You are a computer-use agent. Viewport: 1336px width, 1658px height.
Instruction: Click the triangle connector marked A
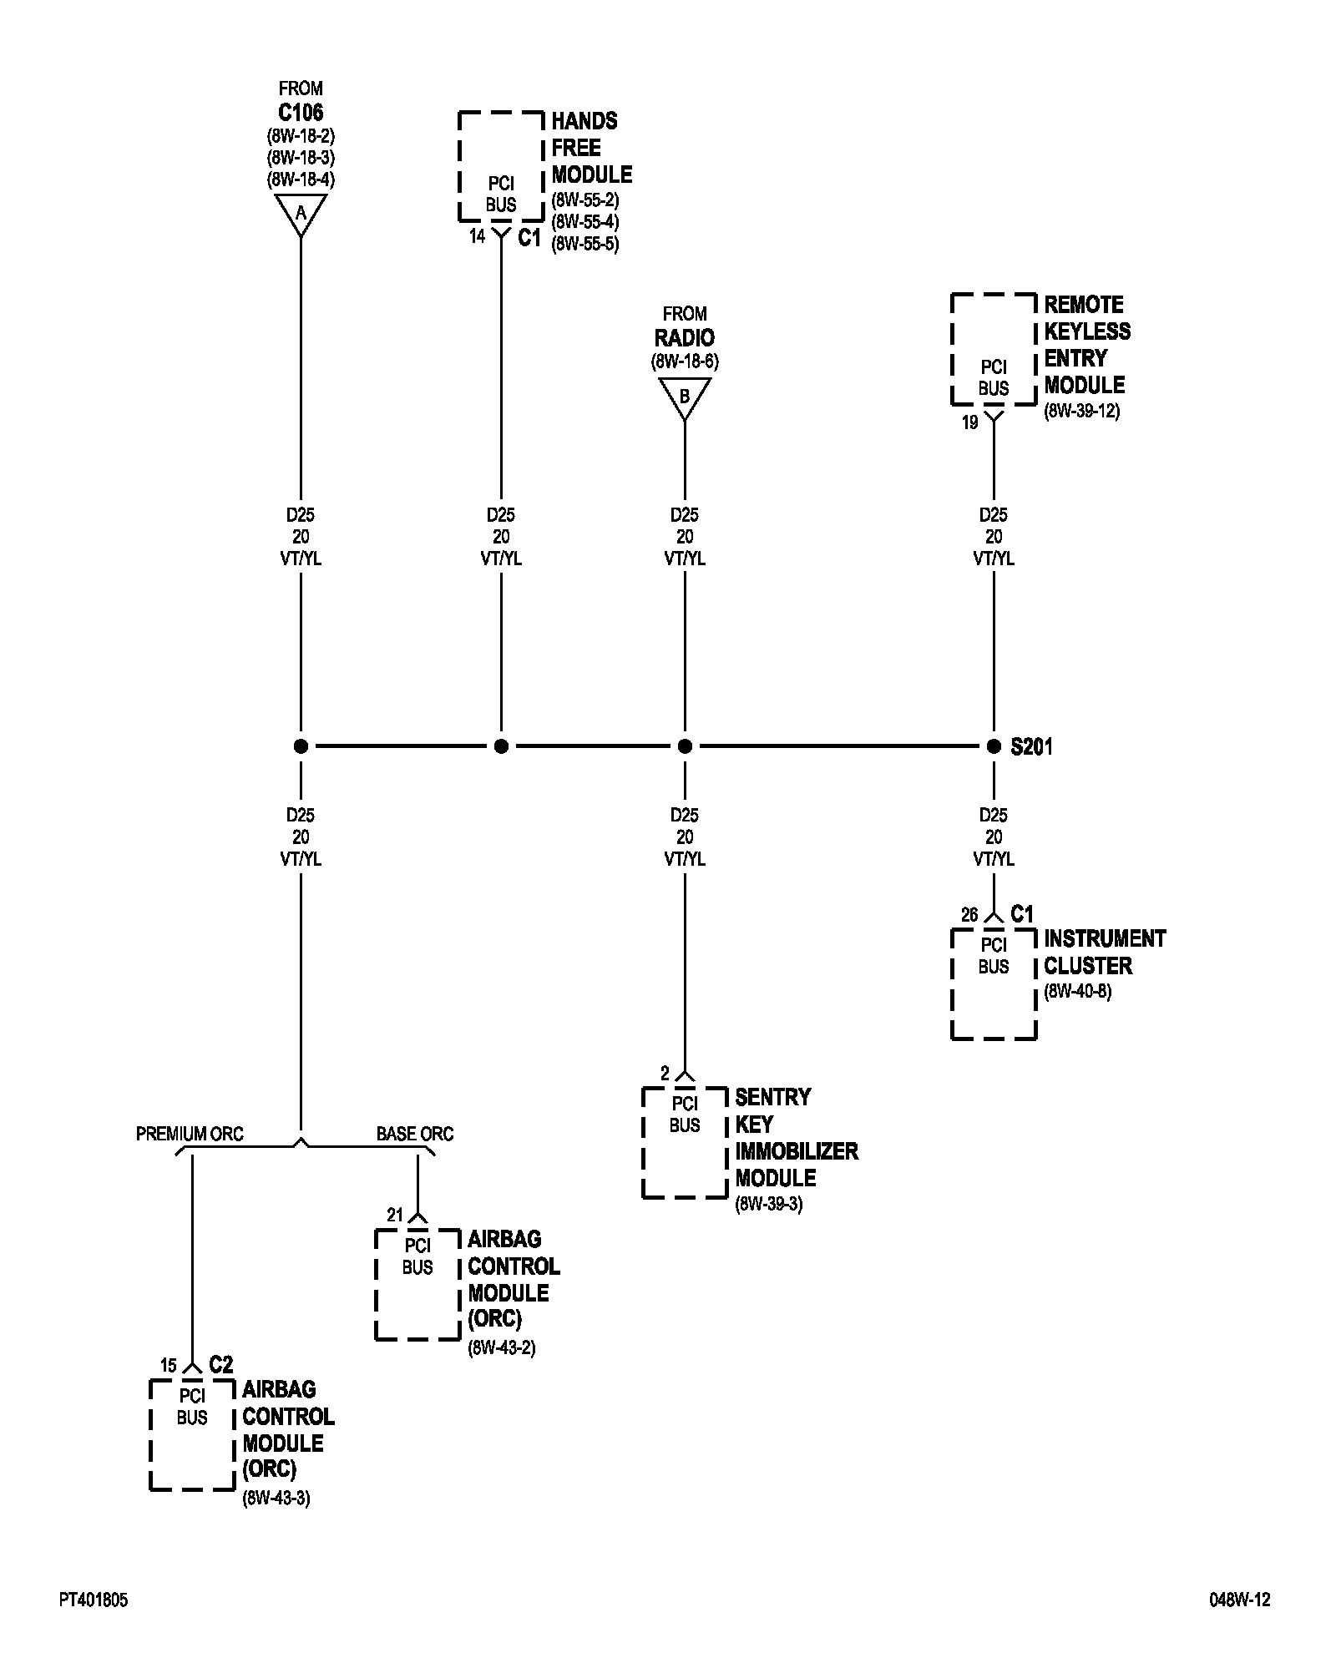[301, 214]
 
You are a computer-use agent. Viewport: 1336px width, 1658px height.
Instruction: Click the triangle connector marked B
[685, 397]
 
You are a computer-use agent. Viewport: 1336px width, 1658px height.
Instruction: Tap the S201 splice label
[1031, 747]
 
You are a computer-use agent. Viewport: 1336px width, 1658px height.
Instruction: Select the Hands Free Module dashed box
[501, 167]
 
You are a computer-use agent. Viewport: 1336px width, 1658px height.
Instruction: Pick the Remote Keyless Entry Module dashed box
[994, 349]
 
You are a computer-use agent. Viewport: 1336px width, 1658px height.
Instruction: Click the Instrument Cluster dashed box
[994, 984]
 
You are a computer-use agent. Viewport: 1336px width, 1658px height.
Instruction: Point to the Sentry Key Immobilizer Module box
[685, 1143]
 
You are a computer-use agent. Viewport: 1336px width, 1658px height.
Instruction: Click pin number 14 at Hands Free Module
[477, 236]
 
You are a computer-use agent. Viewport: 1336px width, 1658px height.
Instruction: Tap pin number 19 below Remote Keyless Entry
[969, 422]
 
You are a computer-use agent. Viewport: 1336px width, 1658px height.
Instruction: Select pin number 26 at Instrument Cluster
[969, 915]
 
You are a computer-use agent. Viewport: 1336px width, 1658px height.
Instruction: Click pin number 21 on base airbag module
[394, 1216]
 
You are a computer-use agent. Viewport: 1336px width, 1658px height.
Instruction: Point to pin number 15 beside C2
[169, 1366]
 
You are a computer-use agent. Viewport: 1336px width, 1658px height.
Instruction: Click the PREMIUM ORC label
[190, 1134]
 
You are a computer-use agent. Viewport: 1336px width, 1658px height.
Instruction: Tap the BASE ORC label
[414, 1134]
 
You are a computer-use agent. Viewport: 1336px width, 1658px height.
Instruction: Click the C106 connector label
[301, 112]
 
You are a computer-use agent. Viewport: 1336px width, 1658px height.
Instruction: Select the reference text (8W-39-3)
[768, 1205]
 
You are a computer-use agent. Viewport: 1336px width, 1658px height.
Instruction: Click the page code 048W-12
[1239, 1600]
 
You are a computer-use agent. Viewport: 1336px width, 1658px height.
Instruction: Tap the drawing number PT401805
[94, 1600]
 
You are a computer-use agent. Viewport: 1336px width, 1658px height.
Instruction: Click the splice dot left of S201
[994, 746]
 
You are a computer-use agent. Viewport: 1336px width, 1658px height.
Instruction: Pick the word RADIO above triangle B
[685, 338]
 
